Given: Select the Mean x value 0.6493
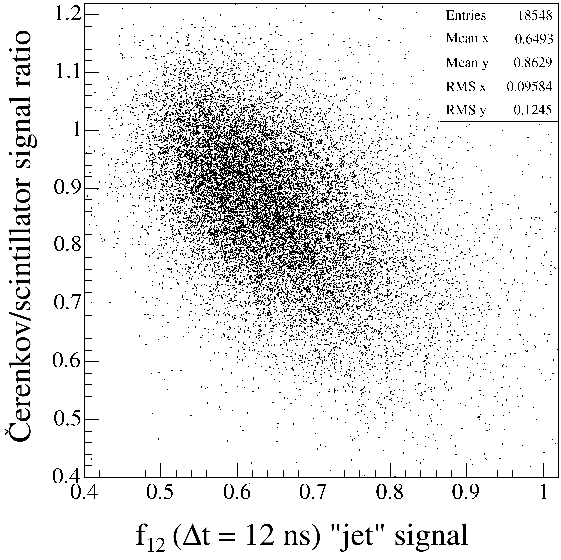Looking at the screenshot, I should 534,39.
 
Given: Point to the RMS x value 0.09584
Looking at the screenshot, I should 529,86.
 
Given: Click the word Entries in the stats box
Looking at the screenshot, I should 466,16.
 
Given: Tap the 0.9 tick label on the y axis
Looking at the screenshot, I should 67,188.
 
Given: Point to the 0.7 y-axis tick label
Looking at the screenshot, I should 67,304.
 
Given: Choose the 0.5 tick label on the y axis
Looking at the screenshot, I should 67,419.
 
